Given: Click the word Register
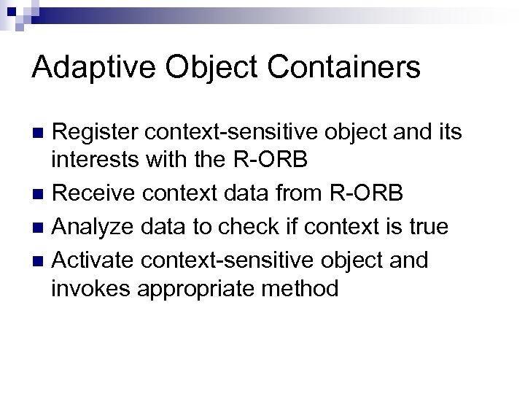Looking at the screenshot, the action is point(96,133).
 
